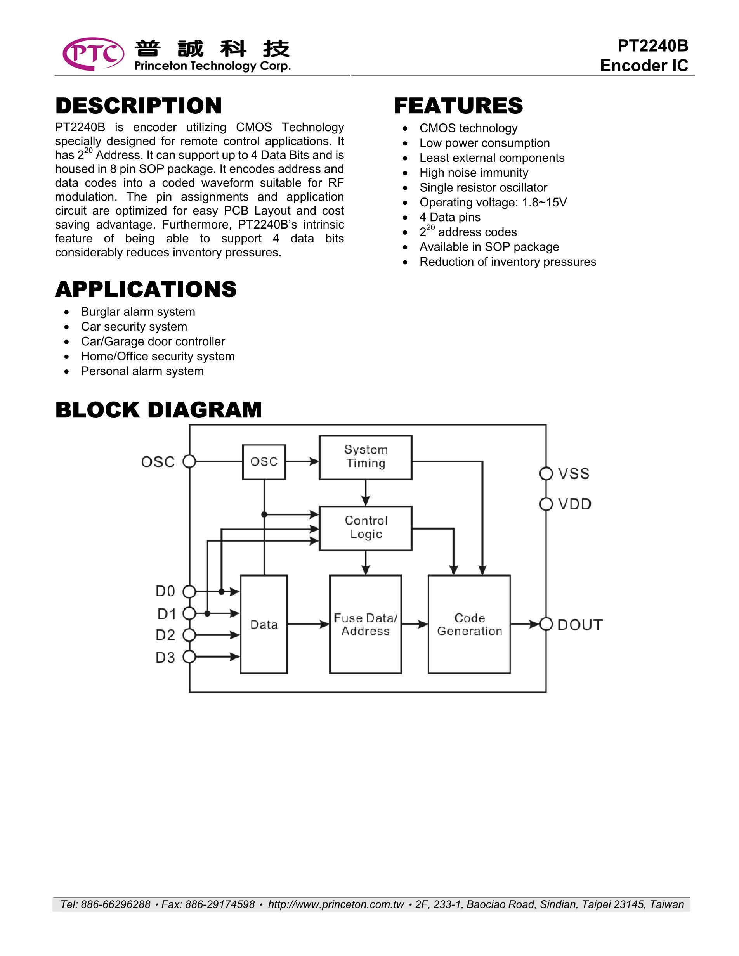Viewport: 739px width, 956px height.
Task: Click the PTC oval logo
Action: pyautogui.click(x=93, y=54)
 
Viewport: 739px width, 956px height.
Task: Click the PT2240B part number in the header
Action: pyautogui.click(x=652, y=45)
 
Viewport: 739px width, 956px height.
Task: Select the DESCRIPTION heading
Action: pyautogui.click(x=138, y=106)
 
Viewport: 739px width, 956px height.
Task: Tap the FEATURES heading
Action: pyautogui.click(x=458, y=106)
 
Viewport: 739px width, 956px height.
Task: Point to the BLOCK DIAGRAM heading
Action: pyautogui.click(x=158, y=410)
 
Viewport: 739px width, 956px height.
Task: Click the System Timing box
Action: pyautogui.click(x=366, y=457)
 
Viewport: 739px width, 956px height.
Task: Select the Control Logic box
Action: pyautogui.click(x=366, y=528)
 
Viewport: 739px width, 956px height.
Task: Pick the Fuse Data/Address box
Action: pyautogui.click(x=366, y=624)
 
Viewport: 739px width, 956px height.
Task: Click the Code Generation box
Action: pyautogui.click(x=469, y=624)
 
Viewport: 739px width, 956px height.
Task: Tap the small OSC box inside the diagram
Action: pyautogui.click(x=264, y=462)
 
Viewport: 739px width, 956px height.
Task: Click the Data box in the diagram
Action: pyautogui.click(x=264, y=624)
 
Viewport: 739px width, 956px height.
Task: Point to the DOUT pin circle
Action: pyautogui.click(x=546, y=624)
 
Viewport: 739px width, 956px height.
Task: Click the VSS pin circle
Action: pyautogui.click(x=546, y=473)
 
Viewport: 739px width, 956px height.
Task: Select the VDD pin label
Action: pyautogui.click(x=574, y=504)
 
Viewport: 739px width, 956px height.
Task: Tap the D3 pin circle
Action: pyautogui.click(x=189, y=656)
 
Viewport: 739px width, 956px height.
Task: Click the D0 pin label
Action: pyautogui.click(x=165, y=591)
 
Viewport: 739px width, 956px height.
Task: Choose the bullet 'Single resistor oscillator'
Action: pyautogui.click(x=483, y=187)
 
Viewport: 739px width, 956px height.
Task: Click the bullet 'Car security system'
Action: pyautogui.click(x=134, y=327)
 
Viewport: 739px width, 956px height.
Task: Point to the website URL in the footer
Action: pyautogui.click(x=336, y=904)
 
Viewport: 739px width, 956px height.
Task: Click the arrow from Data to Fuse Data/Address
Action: pyautogui.click(x=308, y=624)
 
